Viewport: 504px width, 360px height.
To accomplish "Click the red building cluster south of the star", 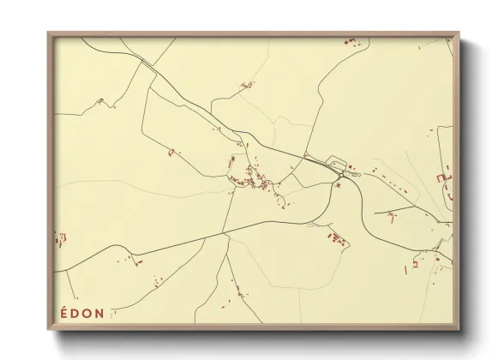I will (x=337, y=238).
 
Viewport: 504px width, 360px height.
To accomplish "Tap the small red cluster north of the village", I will (x=248, y=84).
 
